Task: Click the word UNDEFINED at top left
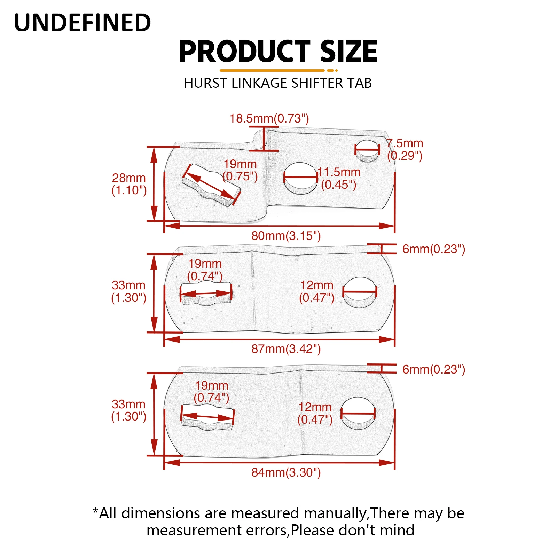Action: pos(83,23)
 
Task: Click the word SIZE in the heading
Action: pos(348,52)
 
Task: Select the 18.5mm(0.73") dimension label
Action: pos(269,118)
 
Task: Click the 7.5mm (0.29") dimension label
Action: pos(405,149)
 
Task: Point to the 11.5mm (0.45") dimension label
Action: pos(339,178)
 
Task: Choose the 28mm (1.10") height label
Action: pos(129,184)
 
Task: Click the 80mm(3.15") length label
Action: pos(286,236)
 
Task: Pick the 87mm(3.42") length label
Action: pos(286,349)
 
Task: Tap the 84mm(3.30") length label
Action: pos(286,472)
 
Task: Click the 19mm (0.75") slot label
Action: pos(240,170)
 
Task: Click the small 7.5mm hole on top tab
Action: pos(367,151)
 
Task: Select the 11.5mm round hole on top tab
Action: pos(300,178)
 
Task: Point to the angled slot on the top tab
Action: pos(211,185)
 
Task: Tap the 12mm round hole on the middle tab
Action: pos(360,292)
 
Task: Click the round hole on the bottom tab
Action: pos(358,413)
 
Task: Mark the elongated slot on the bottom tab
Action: pos(208,417)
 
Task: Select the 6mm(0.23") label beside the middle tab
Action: pos(433,249)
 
